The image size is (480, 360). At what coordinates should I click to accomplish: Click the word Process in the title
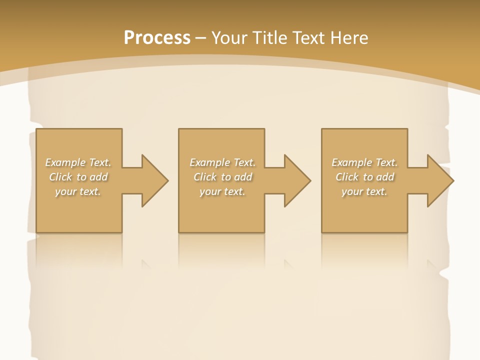coord(157,38)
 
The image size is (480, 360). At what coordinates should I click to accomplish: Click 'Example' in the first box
coord(65,162)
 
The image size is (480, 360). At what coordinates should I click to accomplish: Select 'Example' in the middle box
coord(209,162)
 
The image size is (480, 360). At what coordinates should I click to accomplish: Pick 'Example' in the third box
coord(351,162)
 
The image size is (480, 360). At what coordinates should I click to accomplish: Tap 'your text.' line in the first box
coord(78,191)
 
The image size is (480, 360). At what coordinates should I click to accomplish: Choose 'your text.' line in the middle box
coord(222,191)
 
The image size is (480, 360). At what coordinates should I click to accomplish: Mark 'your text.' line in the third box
coord(364,191)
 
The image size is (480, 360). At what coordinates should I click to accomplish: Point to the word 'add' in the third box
coord(385,177)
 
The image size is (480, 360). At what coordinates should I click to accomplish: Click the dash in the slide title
coord(200,38)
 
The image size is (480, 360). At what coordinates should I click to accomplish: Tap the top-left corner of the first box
coord(36,129)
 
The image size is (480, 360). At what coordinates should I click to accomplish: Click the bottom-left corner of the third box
coord(322,232)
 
